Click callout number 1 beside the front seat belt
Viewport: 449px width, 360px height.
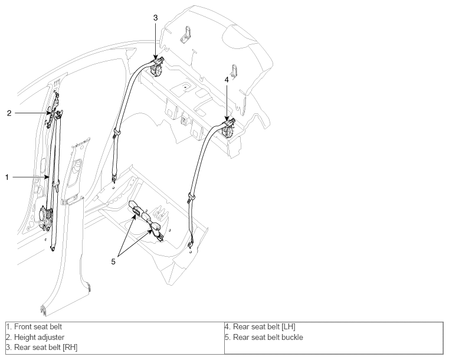point(7,177)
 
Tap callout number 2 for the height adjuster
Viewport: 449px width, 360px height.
point(9,113)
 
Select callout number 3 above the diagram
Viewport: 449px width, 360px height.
point(155,18)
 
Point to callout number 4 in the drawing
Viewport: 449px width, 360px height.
point(227,80)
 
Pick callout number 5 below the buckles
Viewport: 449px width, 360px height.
point(113,261)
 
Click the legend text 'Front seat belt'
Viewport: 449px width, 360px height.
point(38,326)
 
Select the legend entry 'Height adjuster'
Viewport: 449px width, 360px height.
point(39,337)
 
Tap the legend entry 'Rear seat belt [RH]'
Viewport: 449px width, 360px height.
point(46,348)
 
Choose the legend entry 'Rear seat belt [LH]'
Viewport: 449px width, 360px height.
point(264,326)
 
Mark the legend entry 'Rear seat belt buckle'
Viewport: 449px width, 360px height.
point(268,337)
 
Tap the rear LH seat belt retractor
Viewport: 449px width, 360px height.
point(228,131)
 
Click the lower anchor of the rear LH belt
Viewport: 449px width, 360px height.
point(190,245)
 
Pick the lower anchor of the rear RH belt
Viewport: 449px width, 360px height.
point(114,179)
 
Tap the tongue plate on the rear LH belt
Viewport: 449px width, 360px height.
point(191,197)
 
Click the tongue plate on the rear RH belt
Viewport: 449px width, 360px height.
point(117,133)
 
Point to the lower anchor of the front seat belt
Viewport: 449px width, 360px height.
point(52,248)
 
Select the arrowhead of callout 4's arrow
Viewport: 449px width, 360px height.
point(227,118)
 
